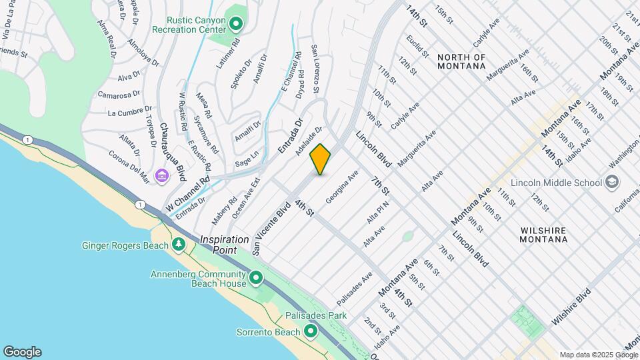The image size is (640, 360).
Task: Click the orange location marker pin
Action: [320, 159]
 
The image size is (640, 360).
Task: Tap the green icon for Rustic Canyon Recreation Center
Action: [235, 25]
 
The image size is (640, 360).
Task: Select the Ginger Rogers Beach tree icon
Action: [178, 245]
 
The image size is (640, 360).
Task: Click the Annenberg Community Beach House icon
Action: [255, 277]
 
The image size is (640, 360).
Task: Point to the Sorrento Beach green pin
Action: [310, 331]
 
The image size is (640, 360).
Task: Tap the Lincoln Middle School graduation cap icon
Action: [611, 183]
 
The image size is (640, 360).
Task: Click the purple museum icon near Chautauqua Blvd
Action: [161, 176]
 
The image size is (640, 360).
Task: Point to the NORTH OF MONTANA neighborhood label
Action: [471, 61]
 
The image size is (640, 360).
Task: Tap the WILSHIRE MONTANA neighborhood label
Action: [543, 235]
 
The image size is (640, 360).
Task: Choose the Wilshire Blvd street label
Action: [571, 306]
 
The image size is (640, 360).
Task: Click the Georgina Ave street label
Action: [342, 187]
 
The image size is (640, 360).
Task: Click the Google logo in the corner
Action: [22, 352]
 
